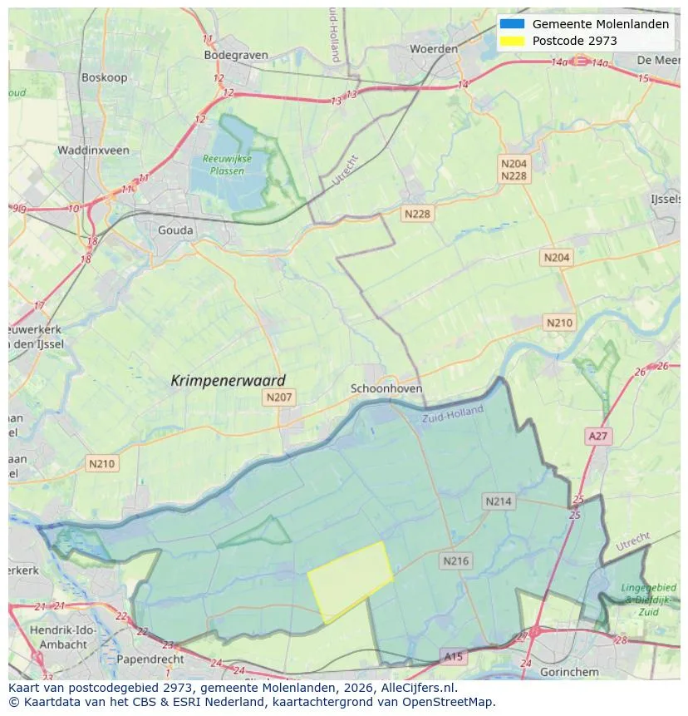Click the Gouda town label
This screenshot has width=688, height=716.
tap(175, 230)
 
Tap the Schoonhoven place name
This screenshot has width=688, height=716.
tap(386, 388)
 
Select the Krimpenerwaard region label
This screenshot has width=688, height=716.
tap(228, 380)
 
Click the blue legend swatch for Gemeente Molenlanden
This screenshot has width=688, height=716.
tap(512, 24)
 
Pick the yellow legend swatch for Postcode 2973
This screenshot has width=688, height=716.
tap(512, 41)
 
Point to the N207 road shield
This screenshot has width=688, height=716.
tap(278, 398)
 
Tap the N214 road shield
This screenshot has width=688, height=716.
tap(499, 501)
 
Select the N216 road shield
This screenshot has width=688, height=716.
tap(455, 560)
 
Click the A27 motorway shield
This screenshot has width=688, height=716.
tap(597, 436)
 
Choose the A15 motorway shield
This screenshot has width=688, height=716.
tap(453, 656)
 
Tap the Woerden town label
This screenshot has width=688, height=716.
tap(434, 49)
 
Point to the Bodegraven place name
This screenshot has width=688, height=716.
tap(236, 55)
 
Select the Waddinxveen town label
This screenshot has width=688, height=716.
tap(93, 151)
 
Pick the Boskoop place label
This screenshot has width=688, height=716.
tap(103, 77)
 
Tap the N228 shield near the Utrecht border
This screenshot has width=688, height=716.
tap(417, 214)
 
